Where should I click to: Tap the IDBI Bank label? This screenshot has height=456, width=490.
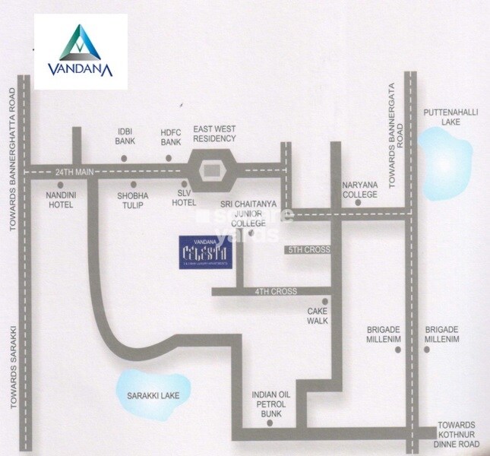pos(124,135)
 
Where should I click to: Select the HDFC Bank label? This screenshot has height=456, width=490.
pos(169,135)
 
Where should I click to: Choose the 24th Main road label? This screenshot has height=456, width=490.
pos(74,174)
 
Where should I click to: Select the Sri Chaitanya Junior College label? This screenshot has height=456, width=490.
pos(242,214)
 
